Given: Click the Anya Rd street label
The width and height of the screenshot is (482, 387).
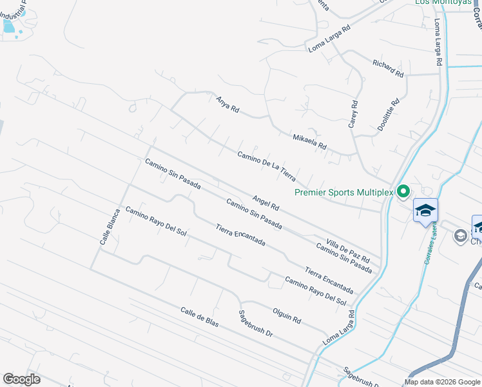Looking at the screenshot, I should (227, 104).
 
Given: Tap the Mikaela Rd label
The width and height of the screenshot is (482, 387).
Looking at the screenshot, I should (310, 142).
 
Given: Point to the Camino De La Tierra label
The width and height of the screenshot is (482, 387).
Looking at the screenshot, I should (266, 166).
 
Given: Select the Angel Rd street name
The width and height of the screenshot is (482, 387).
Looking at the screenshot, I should (265, 204).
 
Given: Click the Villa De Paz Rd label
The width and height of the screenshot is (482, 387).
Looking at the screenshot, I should (348, 246).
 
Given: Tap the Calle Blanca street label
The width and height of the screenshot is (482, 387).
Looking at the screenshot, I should (110, 226).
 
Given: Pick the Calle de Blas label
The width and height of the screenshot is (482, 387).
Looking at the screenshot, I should (200, 317).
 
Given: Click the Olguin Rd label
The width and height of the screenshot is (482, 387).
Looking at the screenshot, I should (287, 315).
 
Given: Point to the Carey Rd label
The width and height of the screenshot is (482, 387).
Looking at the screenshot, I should (353, 114).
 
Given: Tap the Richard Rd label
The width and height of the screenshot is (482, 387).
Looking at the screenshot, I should (388, 68).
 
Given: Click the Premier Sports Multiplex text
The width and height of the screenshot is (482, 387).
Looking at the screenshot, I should (343, 192).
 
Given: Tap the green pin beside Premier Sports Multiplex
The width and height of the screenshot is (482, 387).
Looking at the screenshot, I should (403, 191).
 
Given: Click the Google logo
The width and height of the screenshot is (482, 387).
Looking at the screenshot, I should (21, 379).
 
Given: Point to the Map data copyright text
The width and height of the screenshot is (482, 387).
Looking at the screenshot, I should (442, 382).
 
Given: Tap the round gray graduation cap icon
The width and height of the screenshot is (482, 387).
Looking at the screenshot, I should (460, 237).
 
